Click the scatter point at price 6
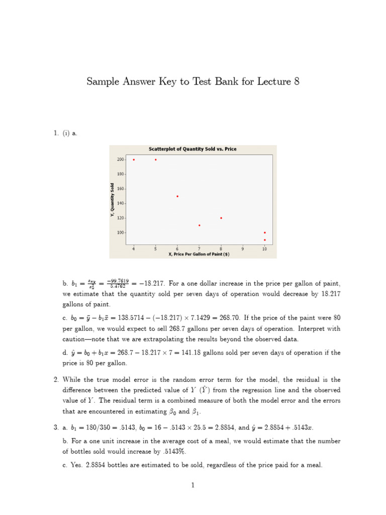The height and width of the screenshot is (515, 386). pyautogui.click(x=177, y=196)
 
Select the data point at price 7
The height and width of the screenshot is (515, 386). pyautogui.click(x=200, y=225)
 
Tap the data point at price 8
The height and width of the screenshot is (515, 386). pyautogui.click(x=221, y=218)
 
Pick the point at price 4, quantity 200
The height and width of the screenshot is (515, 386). pyautogui.click(x=134, y=159)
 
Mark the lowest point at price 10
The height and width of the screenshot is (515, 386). pyautogui.click(x=265, y=240)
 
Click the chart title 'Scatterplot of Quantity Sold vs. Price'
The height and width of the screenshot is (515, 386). pyautogui.click(x=192, y=149)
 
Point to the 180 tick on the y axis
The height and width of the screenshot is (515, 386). pyautogui.click(x=121, y=174)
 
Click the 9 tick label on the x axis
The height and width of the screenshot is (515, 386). pyautogui.click(x=243, y=248)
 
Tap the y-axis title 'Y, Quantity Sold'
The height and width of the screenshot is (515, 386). pyautogui.click(x=112, y=200)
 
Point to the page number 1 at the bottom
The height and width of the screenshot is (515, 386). pyautogui.click(x=193, y=485)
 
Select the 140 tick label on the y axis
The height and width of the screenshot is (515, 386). pyautogui.click(x=121, y=204)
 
